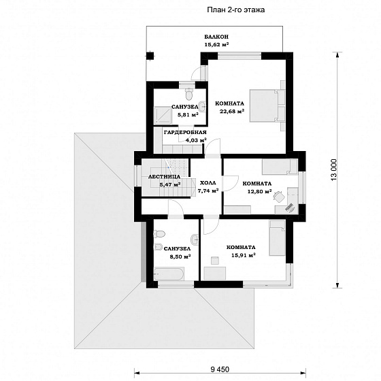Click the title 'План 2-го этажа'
235,10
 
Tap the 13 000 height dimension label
334,170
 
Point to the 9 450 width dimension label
220,369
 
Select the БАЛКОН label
216,37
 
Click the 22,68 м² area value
231,112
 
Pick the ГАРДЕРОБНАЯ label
185,133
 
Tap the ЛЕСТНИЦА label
164,177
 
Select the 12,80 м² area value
259,191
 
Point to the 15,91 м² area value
244,255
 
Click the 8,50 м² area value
180,256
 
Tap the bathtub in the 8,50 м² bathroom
169,274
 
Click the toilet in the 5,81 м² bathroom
189,95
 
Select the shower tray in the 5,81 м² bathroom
163,116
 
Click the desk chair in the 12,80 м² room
278,196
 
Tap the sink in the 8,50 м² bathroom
195,239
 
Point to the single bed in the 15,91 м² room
277,238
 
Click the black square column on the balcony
150,56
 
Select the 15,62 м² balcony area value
216,45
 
